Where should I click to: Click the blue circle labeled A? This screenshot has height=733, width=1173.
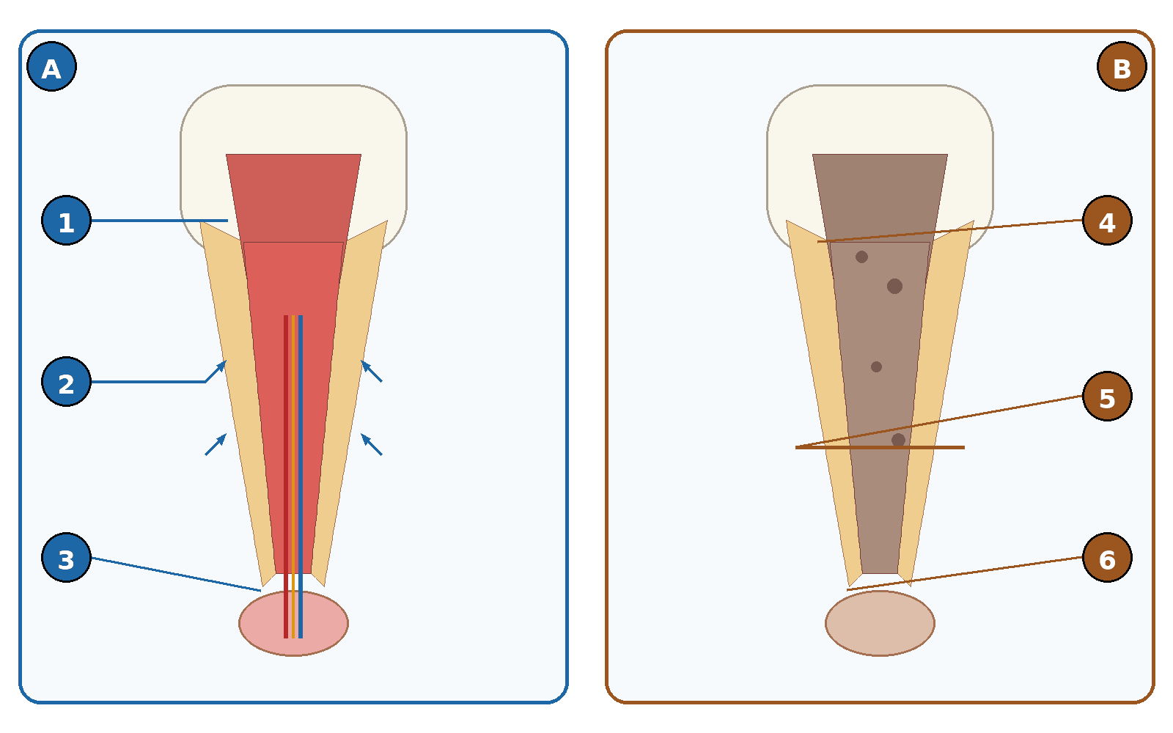tap(51, 67)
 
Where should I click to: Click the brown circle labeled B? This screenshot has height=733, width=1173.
tap(1122, 67)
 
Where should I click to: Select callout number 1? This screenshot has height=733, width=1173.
tap(66, 221)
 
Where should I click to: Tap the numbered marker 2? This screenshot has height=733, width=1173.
tap(66, 382)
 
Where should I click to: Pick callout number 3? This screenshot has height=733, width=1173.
tap(66, 558)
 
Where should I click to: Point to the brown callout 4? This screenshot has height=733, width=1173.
tap(1107, 221)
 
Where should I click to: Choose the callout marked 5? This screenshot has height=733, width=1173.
tap(1107, 397)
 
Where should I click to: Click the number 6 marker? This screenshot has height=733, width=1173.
tap(1107, 558)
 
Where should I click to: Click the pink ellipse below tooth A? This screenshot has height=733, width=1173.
tap(293, 623)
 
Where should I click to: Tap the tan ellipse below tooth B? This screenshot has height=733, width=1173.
tap(880, 623)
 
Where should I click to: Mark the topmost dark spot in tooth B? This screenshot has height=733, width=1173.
tap(861, 257)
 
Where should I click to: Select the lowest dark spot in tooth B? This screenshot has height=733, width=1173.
tap(898, 440)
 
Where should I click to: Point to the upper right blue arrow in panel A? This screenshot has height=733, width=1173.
tap(371, 371)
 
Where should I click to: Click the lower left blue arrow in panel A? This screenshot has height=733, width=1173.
tap(216, 444)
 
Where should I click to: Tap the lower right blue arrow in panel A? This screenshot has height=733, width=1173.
tap(371, 444)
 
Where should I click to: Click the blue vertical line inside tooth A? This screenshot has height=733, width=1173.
tap(301, 476)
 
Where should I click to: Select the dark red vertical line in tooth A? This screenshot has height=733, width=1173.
tap(286, 476)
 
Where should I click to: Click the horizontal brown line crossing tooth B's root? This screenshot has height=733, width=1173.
tap(880, 448)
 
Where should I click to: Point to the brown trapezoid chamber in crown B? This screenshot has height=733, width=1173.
tap(880, 199)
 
